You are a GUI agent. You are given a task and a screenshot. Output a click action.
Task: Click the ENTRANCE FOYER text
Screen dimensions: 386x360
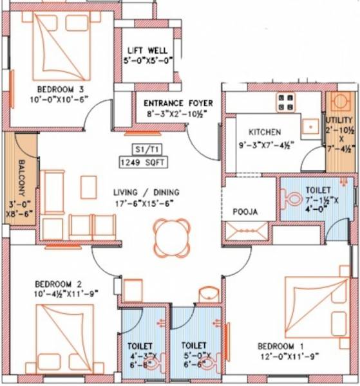click(x=178, y=103)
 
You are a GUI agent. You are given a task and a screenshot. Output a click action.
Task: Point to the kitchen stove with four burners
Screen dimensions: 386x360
click(x=286, y=101)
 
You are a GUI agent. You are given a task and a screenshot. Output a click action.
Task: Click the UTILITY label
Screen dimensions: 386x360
click(x=339, y=120)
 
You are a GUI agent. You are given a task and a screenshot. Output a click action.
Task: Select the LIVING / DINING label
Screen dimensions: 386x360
click(x=146, y=192)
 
